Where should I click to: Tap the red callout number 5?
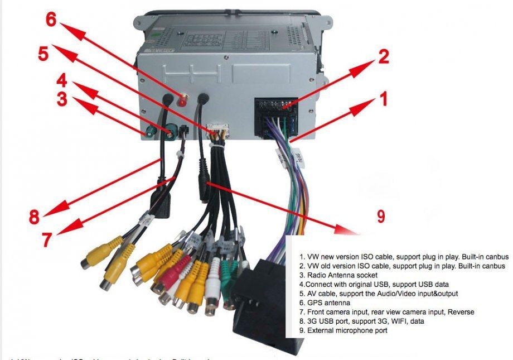pos(43,55)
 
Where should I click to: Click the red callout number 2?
pos(383,57)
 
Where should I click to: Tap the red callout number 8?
pos(35,217)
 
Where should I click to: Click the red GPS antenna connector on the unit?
pos(182,100)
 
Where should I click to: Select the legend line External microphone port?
pos(343,330)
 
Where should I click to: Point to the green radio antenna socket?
pos(149,133)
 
